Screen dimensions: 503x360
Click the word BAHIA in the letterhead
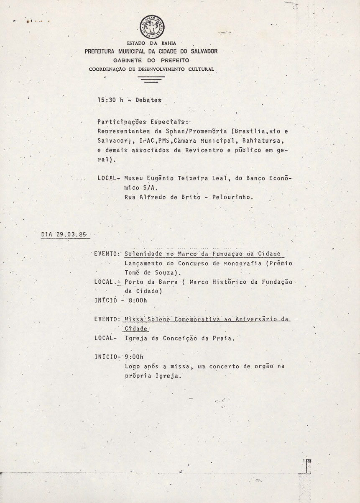pos(168,44)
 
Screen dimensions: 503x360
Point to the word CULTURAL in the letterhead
pos(200,69)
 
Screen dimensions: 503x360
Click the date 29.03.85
pos(71,234)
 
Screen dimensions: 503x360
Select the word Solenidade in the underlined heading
pos(143,254)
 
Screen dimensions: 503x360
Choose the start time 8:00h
pos(135,300)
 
